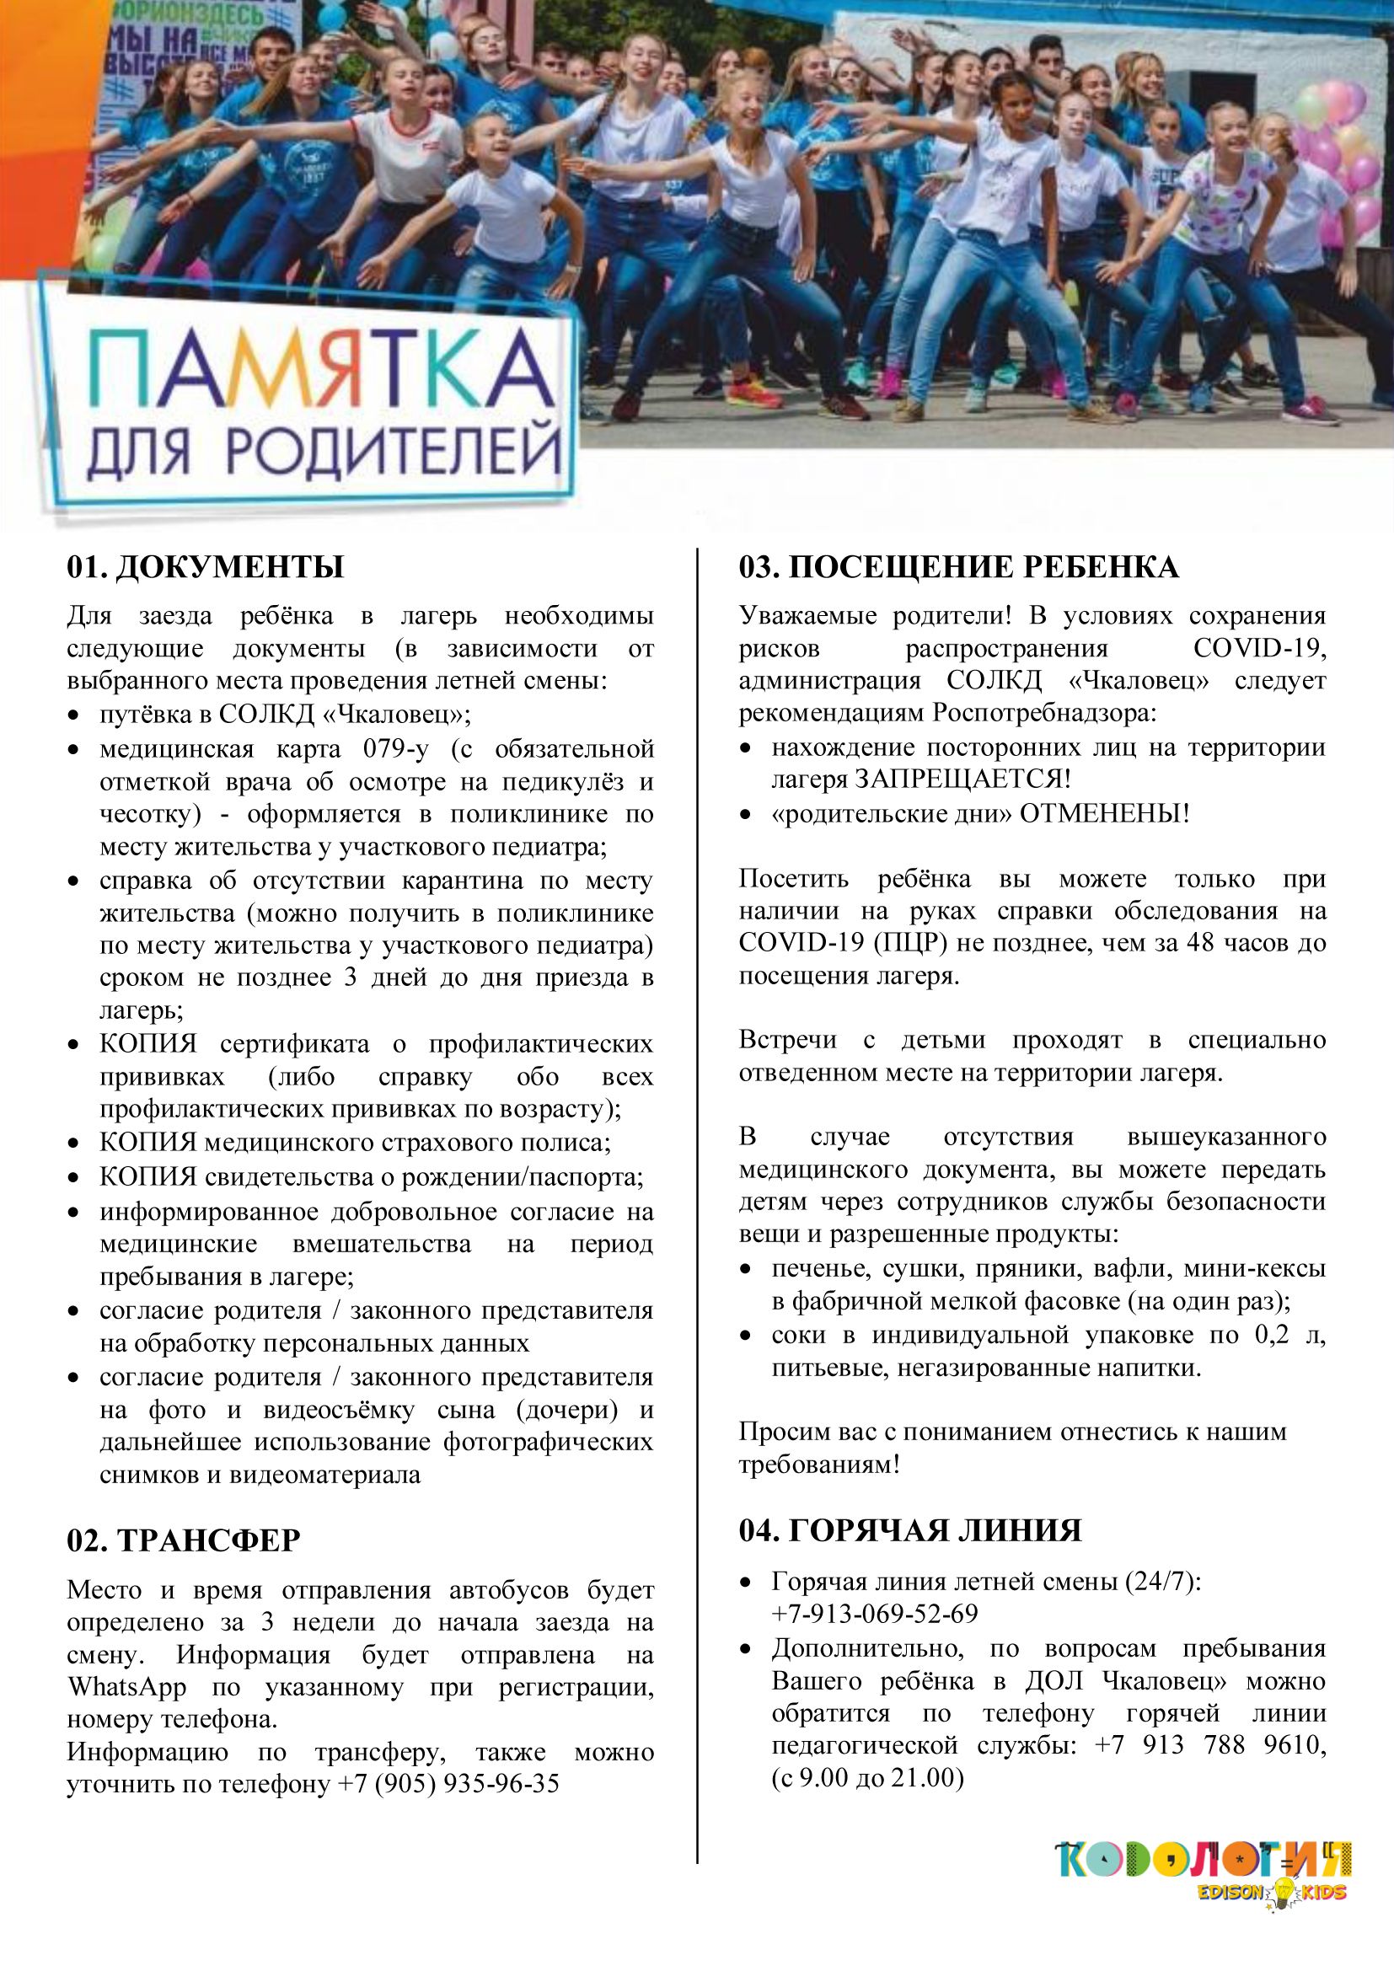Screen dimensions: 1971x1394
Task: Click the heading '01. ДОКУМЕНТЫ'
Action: point(205,568)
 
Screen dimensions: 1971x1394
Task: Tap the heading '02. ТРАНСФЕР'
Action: point(184,1541)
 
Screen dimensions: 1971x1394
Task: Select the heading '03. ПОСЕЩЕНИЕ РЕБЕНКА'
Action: point(959,568)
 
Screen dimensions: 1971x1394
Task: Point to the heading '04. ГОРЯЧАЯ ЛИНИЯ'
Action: point(910,1530)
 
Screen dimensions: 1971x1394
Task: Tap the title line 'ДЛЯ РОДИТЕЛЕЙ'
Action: point(324,451)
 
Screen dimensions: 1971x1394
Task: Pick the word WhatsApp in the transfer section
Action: point(127,1687)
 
